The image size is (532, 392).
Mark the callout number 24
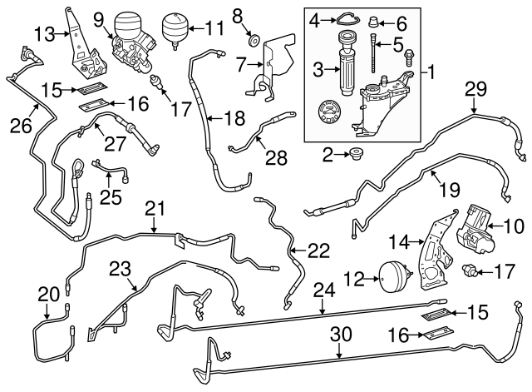tap(324, 290)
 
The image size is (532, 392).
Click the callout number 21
tap(152, 206)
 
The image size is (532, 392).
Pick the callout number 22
tap(318, 250)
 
